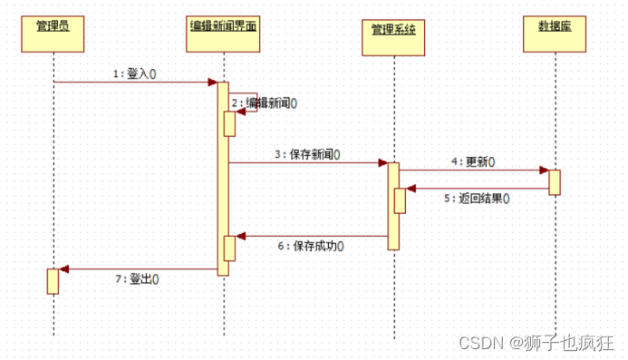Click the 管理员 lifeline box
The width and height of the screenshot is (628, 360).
tap(53, 26)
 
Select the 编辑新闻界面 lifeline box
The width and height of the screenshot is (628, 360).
tap(223, 26)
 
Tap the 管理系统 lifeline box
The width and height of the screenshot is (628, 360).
tap(393, 30)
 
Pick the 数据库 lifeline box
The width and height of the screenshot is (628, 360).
tap(554, 26)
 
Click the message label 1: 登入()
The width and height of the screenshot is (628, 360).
tap(134, 74)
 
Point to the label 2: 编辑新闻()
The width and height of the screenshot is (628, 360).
tap(265, 103)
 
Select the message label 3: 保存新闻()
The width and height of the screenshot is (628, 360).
tap(308, 155)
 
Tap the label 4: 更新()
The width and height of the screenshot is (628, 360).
tap(473, 161)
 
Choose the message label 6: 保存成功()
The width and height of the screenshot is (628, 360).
tap(311, 246)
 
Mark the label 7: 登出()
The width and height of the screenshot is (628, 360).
tap(138, 278)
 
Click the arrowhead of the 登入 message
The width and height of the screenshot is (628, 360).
tap(213, 83)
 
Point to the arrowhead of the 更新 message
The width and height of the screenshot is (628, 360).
tap(544, 170)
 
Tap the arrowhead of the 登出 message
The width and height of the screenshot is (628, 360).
tap(63, 269)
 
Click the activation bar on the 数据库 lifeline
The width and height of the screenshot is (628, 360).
tap(554, 181)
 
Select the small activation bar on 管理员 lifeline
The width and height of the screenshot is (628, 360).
tap(53, 280)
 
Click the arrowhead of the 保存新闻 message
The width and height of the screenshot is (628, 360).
tap(383, 163)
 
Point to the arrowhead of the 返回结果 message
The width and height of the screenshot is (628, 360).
tap(411, 190)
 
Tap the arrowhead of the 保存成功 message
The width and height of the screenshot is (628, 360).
tap(240, 237)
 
